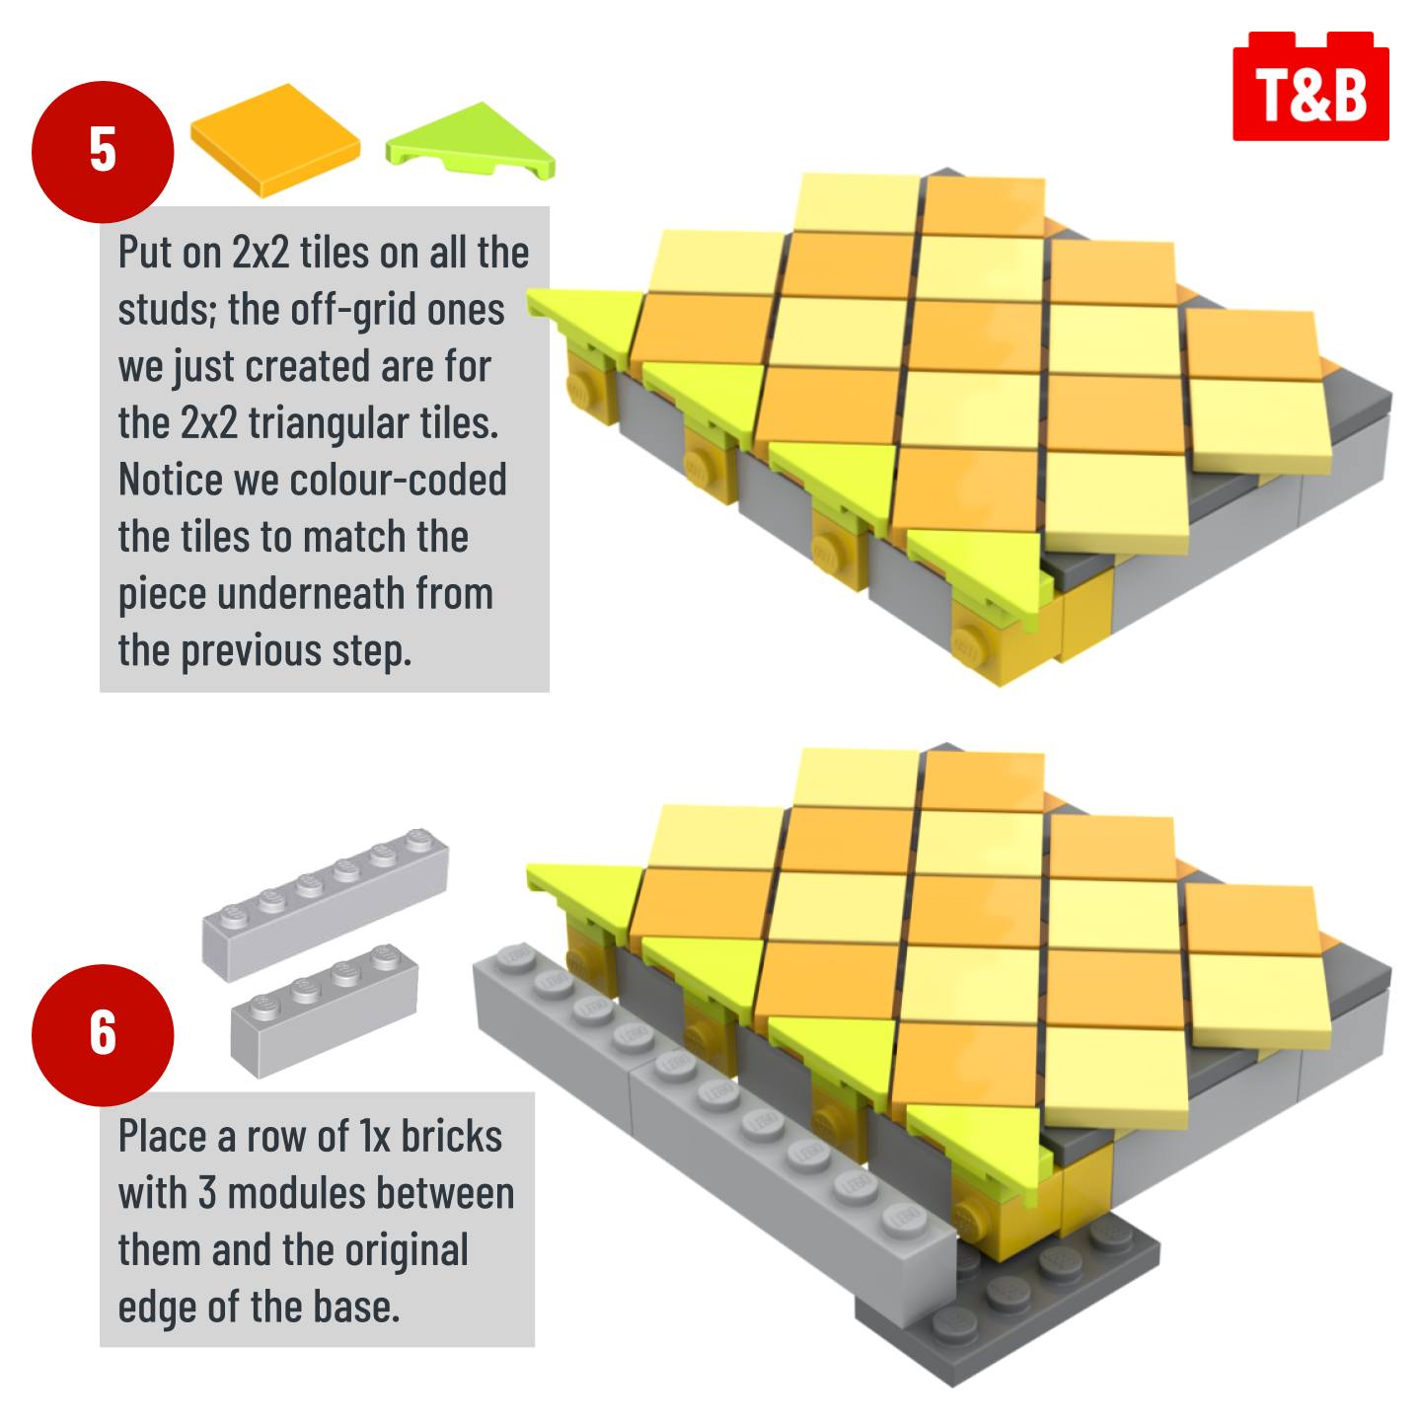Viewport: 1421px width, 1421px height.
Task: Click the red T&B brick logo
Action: click(x=1310, y=86)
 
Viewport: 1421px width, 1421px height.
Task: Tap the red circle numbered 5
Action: click(x=103, y=151)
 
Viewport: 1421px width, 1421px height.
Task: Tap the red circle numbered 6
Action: click(x=103, y=1034)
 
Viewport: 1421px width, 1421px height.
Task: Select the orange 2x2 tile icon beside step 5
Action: click(x=275, y=140)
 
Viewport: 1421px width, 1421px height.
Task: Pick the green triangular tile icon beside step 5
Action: click(x=472, y=140)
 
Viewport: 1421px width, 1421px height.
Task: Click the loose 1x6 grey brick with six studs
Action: click(x=326, y=905)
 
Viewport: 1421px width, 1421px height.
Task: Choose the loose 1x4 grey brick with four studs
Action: click(x=325, y=1011)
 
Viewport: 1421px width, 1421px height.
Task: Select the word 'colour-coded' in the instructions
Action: click(x=399, y=481)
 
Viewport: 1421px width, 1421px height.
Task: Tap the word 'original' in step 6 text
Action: click(x=407, y=1252)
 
